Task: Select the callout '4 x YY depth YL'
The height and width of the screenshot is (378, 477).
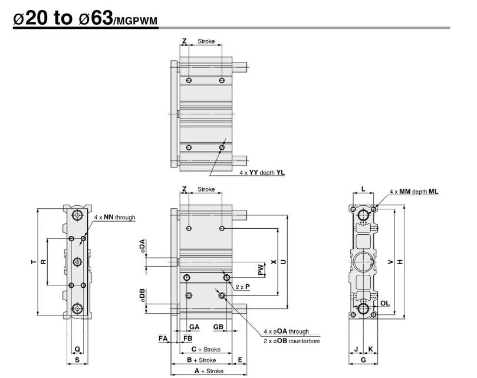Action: (262, 173)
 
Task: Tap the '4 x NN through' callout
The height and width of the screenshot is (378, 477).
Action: (114, 218)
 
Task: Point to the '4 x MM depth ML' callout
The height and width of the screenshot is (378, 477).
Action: (414, 192)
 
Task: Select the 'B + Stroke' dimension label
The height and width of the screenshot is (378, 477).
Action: (201, 360)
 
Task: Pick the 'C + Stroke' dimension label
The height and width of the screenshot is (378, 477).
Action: (205, 350)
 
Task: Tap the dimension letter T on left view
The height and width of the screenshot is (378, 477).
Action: (34, 261)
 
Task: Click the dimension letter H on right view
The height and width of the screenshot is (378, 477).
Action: (400, 262)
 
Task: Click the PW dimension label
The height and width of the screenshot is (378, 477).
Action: (261, 269)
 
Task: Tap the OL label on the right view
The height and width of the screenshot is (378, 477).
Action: (385, 304)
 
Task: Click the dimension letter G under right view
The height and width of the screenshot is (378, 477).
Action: (363, 360)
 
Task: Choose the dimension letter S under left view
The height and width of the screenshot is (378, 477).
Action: (77, 360)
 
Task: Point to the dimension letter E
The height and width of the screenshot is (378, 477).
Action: (240, 360)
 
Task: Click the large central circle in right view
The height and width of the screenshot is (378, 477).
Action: (363, 261)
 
